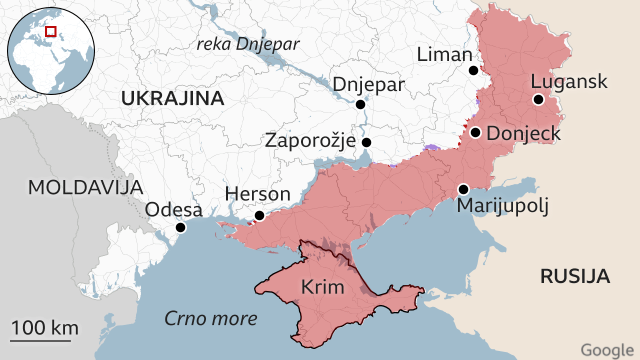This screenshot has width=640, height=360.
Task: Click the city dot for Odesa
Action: (180, 228)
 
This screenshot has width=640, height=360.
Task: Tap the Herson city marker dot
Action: (259, 215)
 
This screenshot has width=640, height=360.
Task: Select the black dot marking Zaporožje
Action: (366, 142)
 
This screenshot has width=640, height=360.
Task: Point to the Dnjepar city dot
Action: (360, 104)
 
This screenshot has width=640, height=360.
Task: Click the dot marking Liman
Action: (473, 70)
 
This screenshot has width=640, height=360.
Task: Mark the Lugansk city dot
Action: (538, 99)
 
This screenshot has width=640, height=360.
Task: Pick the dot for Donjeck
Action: (475, 132)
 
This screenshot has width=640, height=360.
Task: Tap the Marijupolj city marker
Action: (463, 189)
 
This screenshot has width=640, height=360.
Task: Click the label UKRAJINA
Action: (172, 99)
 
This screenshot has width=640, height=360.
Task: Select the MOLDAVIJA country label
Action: (85, 187)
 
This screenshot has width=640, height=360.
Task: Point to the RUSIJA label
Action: (575, 276)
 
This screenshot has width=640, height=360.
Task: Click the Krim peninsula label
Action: (322, 287)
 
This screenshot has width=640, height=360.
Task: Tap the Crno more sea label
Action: (211, 318)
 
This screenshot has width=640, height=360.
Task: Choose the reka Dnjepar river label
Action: (248, 44)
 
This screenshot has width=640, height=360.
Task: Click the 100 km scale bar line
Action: (40, 341)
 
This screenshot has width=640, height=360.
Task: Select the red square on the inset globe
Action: (50, 31)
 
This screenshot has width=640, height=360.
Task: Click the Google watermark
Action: (607, 350)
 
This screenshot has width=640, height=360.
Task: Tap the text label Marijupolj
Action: (502, 205)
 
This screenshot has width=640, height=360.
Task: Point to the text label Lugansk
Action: (569, 81)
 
